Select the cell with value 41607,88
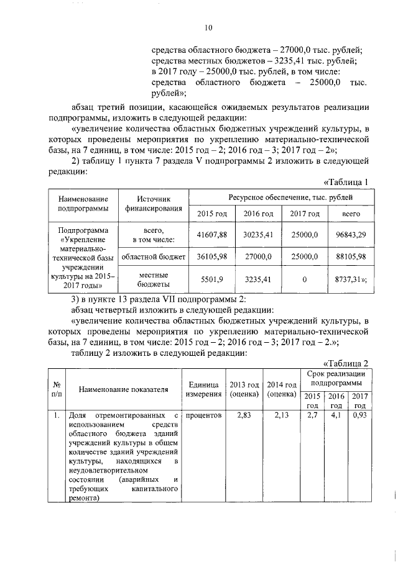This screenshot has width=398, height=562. click(x=213, y=234)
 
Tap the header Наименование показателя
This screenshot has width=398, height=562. click(x=124, y=389)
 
